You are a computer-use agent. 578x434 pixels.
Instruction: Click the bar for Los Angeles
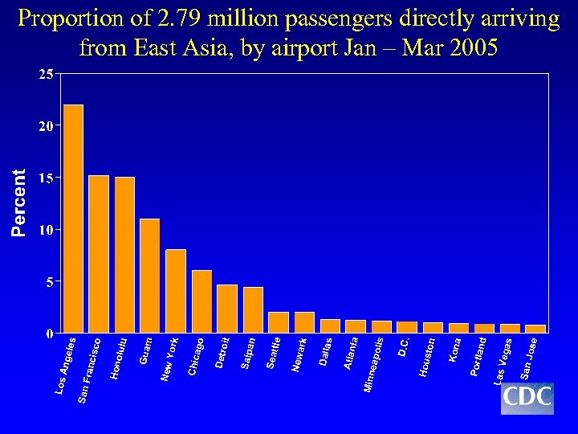tap(73, 219)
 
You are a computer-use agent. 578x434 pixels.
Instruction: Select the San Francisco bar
tap(99, 254)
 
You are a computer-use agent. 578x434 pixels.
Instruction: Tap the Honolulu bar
tap(124, 255)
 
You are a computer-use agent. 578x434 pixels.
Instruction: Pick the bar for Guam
tap(150, 276)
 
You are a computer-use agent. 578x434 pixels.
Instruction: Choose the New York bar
tap(176, 291)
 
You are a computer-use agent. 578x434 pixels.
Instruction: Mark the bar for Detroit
tap(227, 309)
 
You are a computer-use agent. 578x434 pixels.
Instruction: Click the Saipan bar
tap(253, 309)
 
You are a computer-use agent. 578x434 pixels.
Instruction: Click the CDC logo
tap(527, 397)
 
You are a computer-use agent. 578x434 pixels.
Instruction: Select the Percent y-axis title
tap(19, 202)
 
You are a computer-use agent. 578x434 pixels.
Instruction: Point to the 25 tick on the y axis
tap(47, 75)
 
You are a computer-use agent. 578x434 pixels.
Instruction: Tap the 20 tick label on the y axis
tap(47, 126)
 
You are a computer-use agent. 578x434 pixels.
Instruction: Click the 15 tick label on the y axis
tap(47, 178)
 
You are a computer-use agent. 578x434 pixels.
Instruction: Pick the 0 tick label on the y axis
tap(50, 333)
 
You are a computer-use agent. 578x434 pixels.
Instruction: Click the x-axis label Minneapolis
tap(375, 365)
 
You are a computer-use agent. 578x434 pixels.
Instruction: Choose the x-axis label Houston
tap(428, 357)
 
